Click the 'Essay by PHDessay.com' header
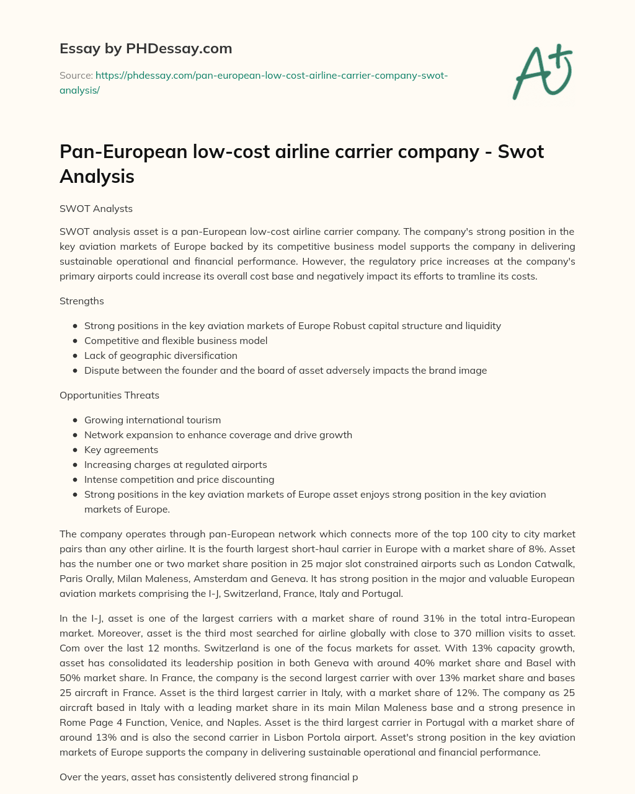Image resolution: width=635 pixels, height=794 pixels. click(x=146, y=48)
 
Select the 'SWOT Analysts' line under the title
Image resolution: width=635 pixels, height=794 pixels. click(x=96, y=209)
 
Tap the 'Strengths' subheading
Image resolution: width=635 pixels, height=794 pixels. click(x=82, y=301)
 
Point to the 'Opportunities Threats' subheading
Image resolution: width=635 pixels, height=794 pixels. click(x=109, y=395)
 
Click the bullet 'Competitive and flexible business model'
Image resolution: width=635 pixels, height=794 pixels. click(x=175, y=340)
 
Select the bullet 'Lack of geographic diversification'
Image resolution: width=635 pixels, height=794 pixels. click(x=161, y=355)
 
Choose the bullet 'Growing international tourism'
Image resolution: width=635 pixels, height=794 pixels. click(x=153, y=420)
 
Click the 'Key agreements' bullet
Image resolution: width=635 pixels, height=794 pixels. click(x=121, y=449)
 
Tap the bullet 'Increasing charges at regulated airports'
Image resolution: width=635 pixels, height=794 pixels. click(x=175, y=464)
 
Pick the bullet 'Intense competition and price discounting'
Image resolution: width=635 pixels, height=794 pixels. click(x=179, y=479)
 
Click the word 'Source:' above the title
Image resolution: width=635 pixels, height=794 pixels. click(x=76, y=75)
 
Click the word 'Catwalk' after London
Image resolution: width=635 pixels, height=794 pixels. click(x=554, y=563)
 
